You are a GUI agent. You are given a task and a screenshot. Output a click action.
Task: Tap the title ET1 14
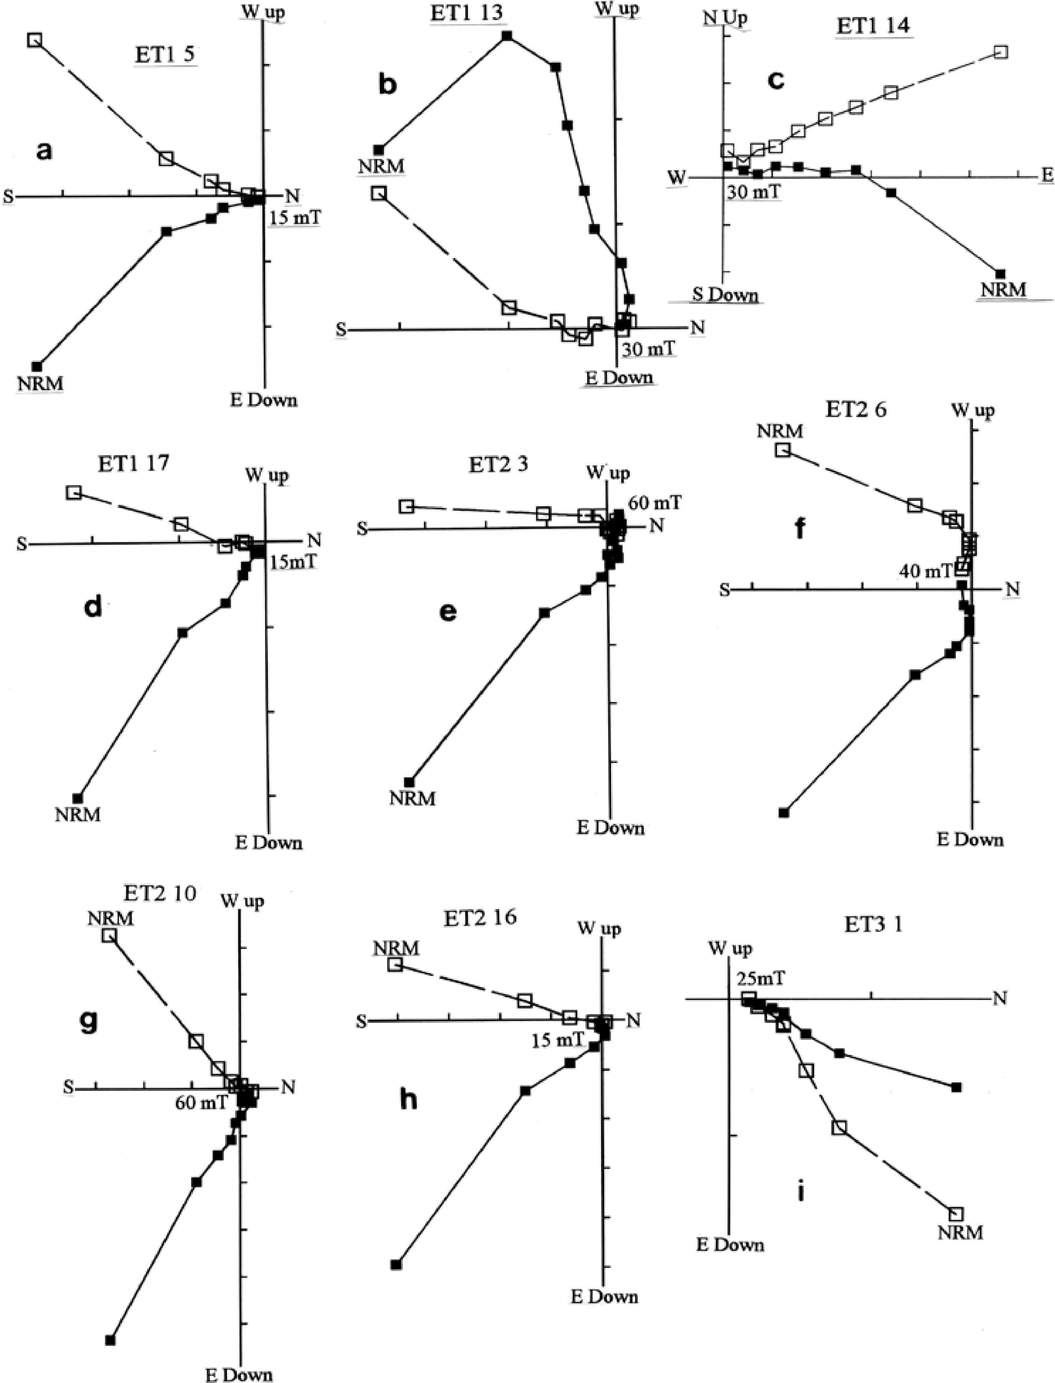(873, 27)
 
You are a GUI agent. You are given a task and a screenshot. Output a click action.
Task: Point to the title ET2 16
(480, 917)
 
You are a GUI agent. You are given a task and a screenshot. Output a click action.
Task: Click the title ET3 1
(873, 925)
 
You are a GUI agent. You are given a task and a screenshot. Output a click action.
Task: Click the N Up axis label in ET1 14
(725, 18)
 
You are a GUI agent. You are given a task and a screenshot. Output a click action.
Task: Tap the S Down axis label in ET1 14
(725, 294)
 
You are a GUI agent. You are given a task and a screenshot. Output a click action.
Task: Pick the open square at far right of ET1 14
(1001, 52)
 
